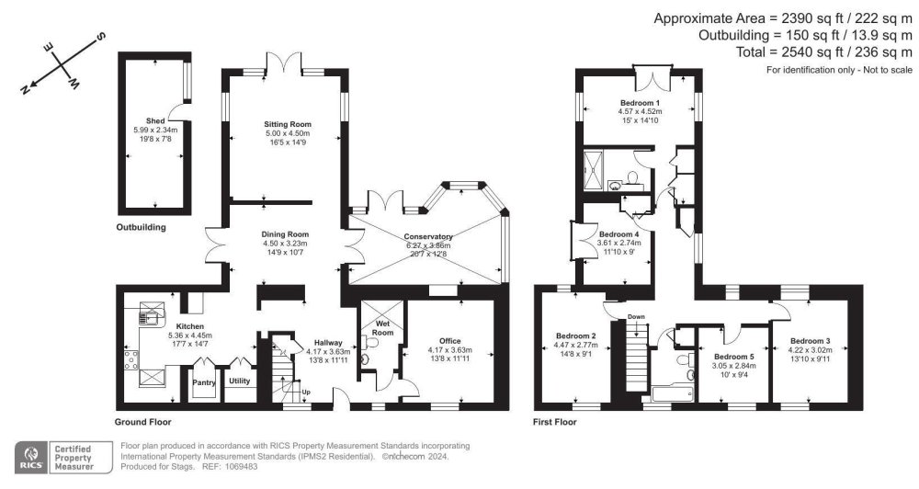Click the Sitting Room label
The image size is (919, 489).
[x=288, y=124]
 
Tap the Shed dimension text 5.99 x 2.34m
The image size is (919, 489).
[x=154, y=129]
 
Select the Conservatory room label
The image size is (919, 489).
[x=430, y=236]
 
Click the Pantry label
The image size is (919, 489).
[x=204, y=380]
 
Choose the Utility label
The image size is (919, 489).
[x=240, y=380]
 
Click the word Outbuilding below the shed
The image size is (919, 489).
[x=141, y=226]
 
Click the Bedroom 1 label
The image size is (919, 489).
[x=640, y=102]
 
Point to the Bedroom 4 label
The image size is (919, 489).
[x=619, y=234]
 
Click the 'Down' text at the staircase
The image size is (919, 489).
[x=636, y=316]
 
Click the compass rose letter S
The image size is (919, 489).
[x=100, y=36]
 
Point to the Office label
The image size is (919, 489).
[x=449, y=340]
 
